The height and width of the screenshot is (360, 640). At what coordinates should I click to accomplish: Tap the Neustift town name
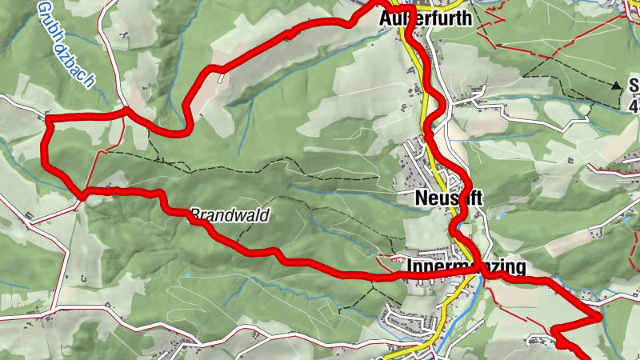tap(450, 198)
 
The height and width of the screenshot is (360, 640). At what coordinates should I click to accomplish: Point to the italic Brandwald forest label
tap(230, 214)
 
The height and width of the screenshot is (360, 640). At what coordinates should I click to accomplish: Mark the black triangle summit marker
tap(617, 84)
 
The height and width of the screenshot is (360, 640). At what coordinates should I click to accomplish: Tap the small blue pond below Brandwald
tap(186, 274)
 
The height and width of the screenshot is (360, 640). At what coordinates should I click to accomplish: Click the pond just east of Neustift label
tap(502, 214)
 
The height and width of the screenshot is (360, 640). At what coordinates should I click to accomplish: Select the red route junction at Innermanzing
tap(483, 274)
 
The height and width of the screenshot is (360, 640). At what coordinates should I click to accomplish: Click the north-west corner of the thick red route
tap(48, 118)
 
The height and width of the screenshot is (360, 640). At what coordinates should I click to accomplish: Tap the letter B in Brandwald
tap(194, 214)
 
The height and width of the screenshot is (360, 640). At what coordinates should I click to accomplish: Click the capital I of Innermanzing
tap(410, 266)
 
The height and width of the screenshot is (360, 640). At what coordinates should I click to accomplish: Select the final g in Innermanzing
tap(520, 269)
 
